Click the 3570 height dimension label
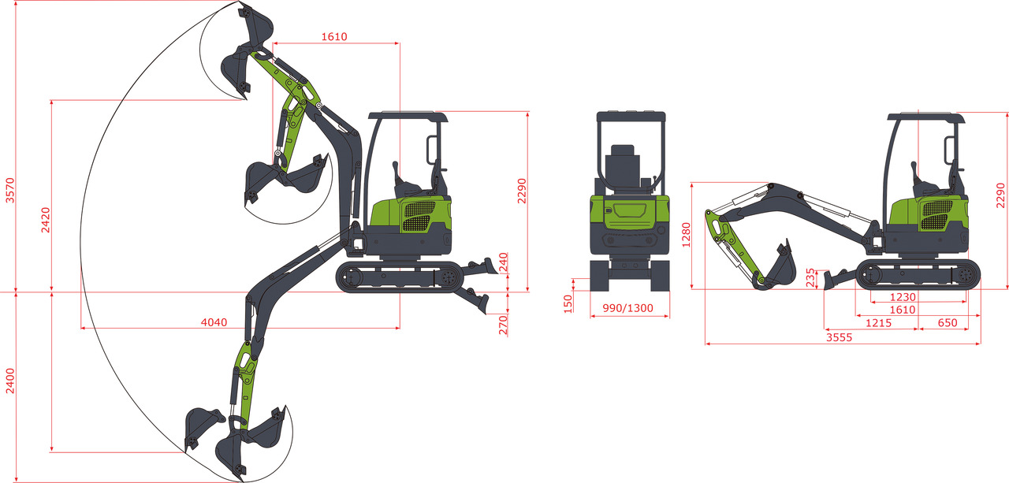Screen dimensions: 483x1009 click(x=9, y=191)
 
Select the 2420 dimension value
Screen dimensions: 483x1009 click(x=46, y=219)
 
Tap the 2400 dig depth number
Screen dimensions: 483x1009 click(x=9, y=382)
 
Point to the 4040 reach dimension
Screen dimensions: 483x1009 click(x=214, y=322)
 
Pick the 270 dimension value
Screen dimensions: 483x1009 click(x=503, y=325)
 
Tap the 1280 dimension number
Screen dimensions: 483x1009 click(x=686, y=235)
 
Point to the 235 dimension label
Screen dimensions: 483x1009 click(x=811, y=278)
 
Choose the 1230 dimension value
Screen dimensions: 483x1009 click(x=903, y=297)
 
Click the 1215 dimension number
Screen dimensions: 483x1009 click(x=879, y=323)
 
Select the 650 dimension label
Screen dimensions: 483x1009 click(x=948, y=323)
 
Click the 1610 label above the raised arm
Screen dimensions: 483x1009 click(x=334, y=36)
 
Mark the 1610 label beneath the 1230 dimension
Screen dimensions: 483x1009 click(x=903, y=310)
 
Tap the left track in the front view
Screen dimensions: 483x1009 click(x=598, y=277)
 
